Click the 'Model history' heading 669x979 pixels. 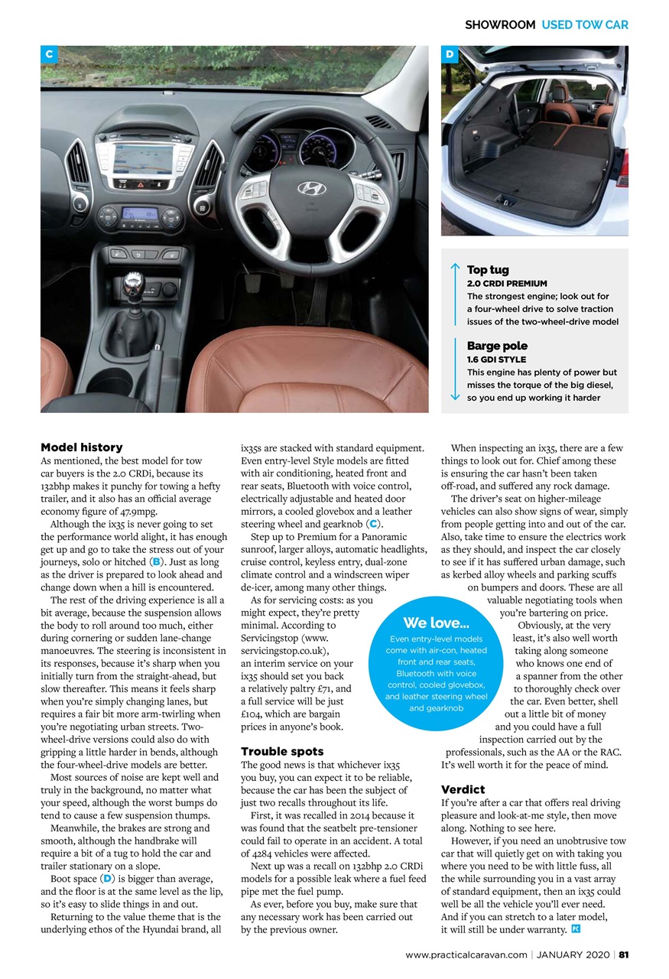point(81,447)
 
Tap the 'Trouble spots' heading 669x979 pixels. point(282,751)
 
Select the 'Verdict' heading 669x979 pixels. point(463,789)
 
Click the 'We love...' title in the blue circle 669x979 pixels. point(436,623)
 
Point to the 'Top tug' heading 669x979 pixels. point(488,270)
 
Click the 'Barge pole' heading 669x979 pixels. point(497,346)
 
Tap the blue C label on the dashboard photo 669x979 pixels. point(49,54)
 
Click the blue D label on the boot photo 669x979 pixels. point(450,54)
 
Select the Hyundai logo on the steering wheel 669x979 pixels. point(310,189)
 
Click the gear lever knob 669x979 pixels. point(133,284)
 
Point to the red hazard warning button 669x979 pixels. point(141,184)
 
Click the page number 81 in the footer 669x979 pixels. point(623,954)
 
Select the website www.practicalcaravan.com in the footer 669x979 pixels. point(466,954)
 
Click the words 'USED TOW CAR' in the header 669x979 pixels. point(585,24)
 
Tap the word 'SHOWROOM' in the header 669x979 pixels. point(500,24)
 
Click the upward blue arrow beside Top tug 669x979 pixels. point(455,268)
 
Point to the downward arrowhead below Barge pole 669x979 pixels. point(455,395)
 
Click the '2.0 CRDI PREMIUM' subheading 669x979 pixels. point(507,284)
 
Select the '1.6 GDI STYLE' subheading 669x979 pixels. point(496,359)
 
